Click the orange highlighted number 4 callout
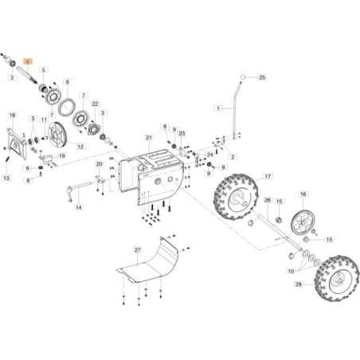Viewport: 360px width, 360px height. tap(29, 61)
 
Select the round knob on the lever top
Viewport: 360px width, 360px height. tap(241, 77)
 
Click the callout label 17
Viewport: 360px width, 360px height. tap(268, 176)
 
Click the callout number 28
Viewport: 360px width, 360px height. tap(298, 284)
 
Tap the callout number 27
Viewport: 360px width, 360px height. tap(137, 250)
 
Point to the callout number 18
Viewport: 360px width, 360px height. tap(12, 115)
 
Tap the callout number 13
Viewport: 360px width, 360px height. tap(6, 178)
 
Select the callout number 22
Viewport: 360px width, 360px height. tap(95, 104)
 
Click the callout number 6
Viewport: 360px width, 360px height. tap(67, 82)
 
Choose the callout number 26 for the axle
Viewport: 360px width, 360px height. tap(268, 201)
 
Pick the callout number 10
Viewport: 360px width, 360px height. tap(292, 271)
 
